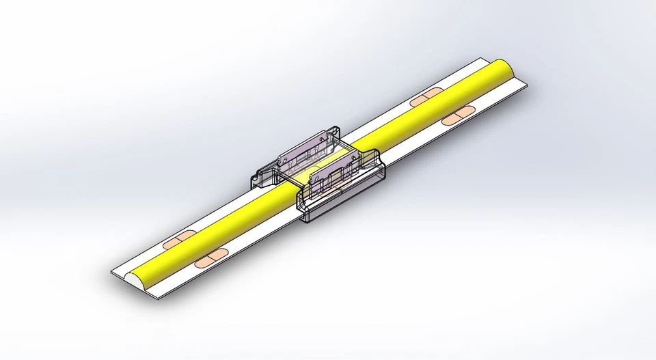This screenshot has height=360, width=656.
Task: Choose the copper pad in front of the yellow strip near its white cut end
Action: click(208, 259)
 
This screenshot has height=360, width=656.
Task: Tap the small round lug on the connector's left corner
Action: click(256, 180)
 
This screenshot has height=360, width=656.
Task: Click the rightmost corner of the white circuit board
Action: click(529, 85)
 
